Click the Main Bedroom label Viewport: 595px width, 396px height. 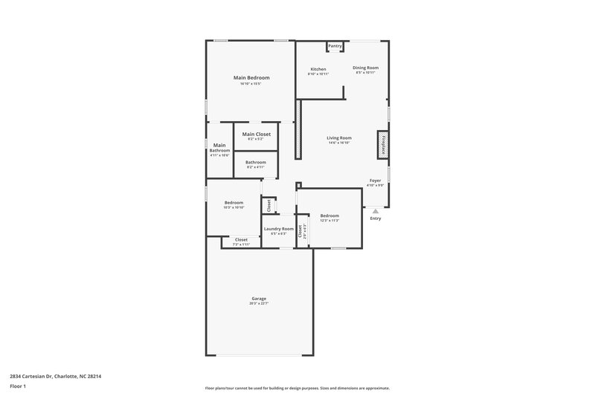(x=251, y=78)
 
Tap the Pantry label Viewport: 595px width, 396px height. (x=335, y=46)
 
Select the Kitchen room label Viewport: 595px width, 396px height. (x=318, y=69)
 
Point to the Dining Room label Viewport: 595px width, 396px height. (x=365, y=68)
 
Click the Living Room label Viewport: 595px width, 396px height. (x=339, y=137)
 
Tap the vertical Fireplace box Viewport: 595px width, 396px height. (x=383, y=144)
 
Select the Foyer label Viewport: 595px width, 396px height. (x=376, y=181)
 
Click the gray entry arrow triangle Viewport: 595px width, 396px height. (x=376, y=211)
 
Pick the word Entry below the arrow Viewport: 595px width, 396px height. (x=376, y=218)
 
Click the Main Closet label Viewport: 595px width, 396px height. (x=257, y=134)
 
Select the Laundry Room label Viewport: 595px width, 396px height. (x=279, y=229)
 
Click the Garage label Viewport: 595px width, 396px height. (x=258, y=299)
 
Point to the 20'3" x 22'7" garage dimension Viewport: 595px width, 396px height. (x=258, y=304)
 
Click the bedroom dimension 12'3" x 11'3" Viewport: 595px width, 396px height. (x=329, y=221)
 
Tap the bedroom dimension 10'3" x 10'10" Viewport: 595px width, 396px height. (x=234, y=208)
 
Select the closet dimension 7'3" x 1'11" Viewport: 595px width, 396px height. (x=241, y=244)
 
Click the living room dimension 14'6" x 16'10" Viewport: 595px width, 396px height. (x=339, y=143)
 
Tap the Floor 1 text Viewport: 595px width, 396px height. (x=17, y=387)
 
